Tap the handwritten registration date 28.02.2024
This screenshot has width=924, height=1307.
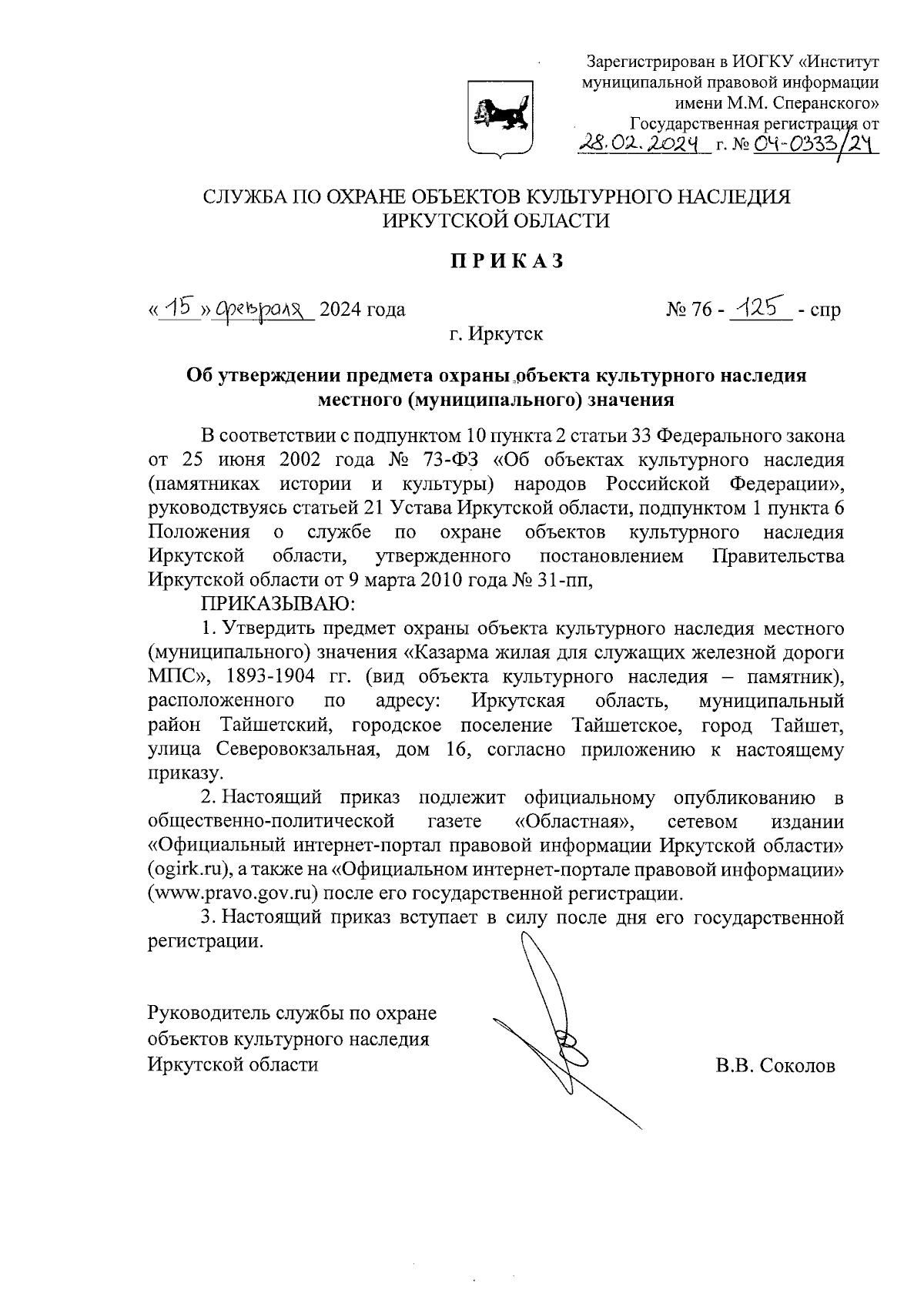pyautogui.click(x=642, y=142)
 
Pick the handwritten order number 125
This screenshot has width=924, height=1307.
pyautogui.click(x=758, y=307)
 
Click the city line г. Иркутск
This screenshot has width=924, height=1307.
pyautogui.click(x=496, y=335)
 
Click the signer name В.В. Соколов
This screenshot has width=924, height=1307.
pyautogui.click(x=775, y=1065)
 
